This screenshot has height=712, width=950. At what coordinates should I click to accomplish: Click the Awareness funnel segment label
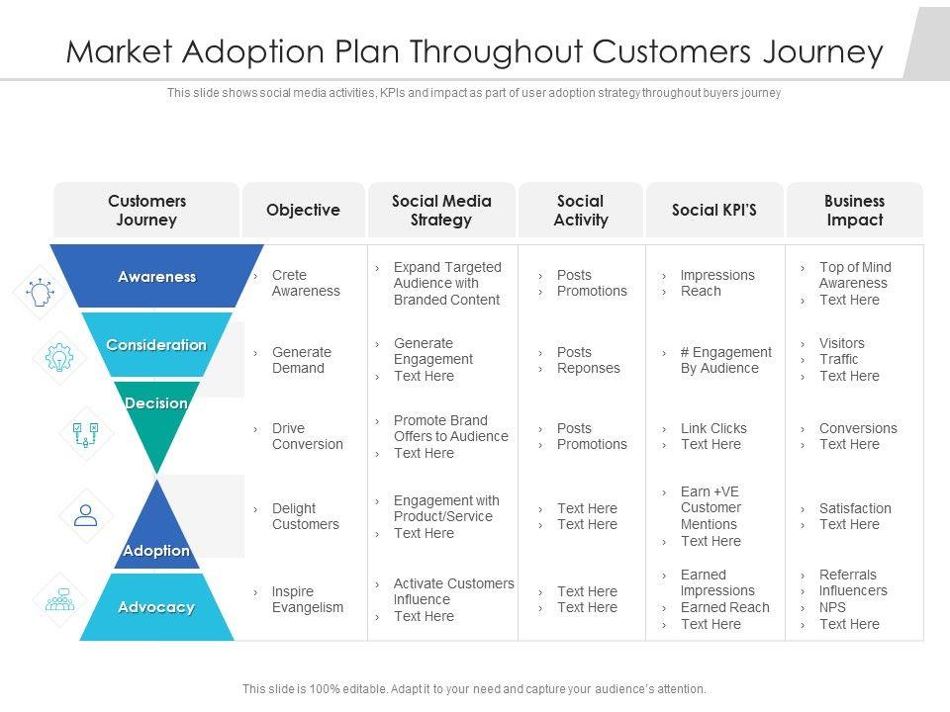click(156, 277)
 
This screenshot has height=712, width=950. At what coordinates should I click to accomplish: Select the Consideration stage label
click(156, 345)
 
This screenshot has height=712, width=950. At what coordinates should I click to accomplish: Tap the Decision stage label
click(156, 403)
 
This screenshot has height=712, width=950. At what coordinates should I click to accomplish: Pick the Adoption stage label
click(156, 550)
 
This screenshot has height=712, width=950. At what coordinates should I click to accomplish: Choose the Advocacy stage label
click(156, 607)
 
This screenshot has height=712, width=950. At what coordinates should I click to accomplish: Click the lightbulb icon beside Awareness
click(41, 292)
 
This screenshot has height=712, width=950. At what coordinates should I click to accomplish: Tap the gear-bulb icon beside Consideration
click(59, 358)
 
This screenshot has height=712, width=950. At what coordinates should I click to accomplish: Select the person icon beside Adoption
click(86, 514)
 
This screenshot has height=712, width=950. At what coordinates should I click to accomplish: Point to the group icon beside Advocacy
click(60, 599)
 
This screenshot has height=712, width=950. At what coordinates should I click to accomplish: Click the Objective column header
click(303, 210)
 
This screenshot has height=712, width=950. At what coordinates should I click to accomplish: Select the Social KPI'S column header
click(713, 210)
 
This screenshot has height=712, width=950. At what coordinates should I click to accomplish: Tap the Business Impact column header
click(854, 210)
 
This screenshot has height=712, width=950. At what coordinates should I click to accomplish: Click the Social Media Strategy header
click(441, 210)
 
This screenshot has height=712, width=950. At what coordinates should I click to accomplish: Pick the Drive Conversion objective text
click(308, 436)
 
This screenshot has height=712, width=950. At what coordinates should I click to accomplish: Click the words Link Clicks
click(713, 428)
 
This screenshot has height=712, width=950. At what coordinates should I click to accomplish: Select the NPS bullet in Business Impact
click(832, 607)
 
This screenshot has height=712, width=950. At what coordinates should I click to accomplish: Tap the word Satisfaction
click(855, 508)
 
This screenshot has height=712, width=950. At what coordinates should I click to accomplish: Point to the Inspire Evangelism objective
click(308, 599)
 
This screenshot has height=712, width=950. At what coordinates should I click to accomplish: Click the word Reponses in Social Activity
click(589, 368)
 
